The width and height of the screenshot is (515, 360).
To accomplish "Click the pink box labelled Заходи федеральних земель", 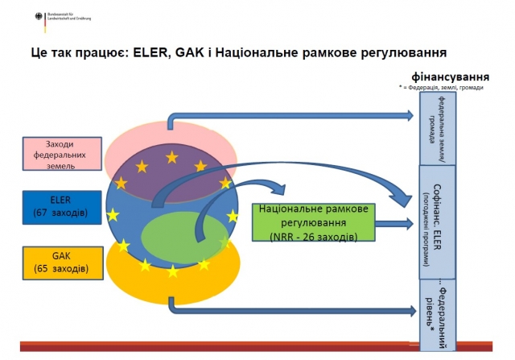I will [x=60, y=154].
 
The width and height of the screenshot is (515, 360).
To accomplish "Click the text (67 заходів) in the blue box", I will [x=60, y=213].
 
